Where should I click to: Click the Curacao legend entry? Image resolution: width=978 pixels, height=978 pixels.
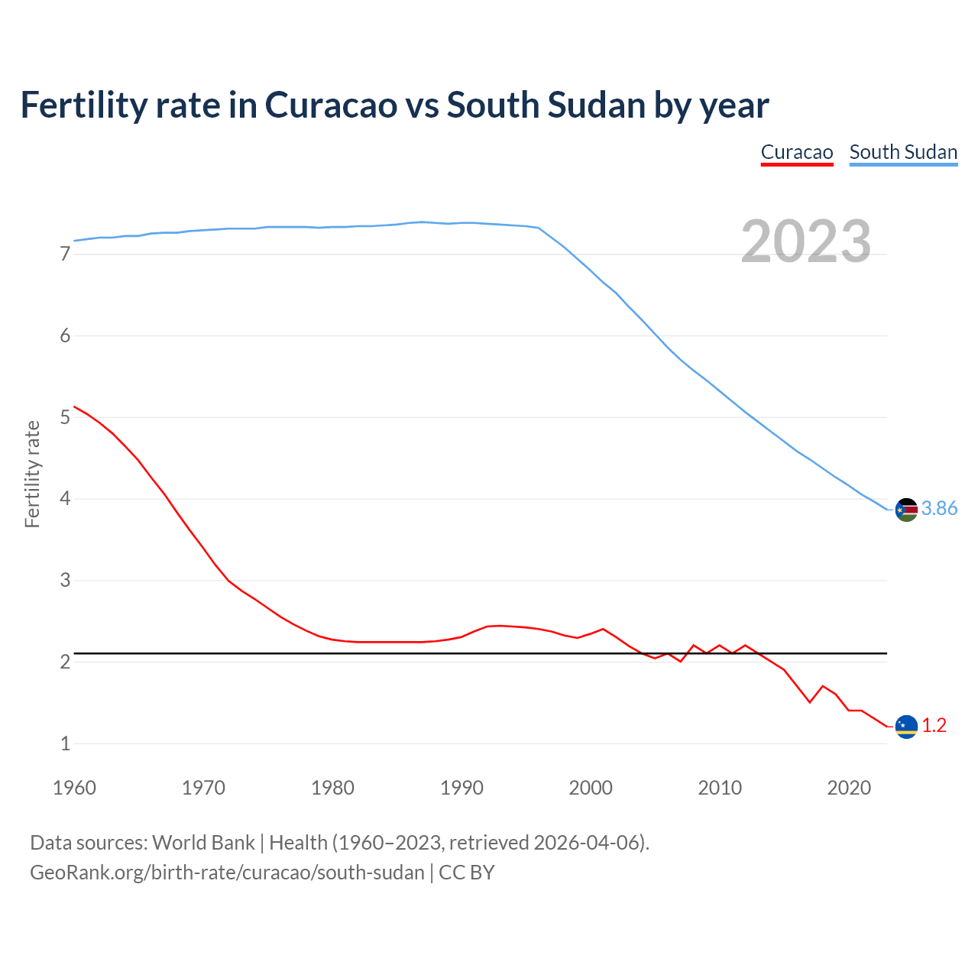tap(796, 152)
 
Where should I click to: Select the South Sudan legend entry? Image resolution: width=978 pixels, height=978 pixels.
tap(903, 152)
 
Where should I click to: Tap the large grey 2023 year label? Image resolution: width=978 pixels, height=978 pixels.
tap(805, 241)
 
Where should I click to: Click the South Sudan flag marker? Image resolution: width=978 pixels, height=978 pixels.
tap(906, 510)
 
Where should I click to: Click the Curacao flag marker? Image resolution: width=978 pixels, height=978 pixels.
tap(906, 727)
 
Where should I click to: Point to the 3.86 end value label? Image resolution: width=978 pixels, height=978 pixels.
tap(939, 509)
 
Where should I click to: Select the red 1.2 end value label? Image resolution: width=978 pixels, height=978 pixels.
tap(934, 726)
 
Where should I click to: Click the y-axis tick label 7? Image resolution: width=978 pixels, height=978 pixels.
tap(65, 254)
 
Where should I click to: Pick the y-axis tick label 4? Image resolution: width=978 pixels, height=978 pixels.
tap(65, 499)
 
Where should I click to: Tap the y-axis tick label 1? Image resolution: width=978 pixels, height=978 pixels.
tap(65, 743)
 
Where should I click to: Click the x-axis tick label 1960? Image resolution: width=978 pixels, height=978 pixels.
tap(74, 788)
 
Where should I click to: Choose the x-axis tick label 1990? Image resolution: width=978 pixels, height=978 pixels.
tap(461, 788)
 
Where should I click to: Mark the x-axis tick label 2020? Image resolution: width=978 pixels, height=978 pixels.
tap(849, 788)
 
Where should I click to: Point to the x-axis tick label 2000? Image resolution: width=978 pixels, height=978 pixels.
tap(591, 788)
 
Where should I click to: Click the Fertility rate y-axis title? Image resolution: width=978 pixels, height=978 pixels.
tap(32, 474)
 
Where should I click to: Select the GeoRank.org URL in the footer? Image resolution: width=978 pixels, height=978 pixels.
tap(227, 873)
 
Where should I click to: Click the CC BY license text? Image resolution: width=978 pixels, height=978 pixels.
tap(466, 873)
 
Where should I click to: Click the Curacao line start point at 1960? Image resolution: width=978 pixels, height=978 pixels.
tap(75, 406)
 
